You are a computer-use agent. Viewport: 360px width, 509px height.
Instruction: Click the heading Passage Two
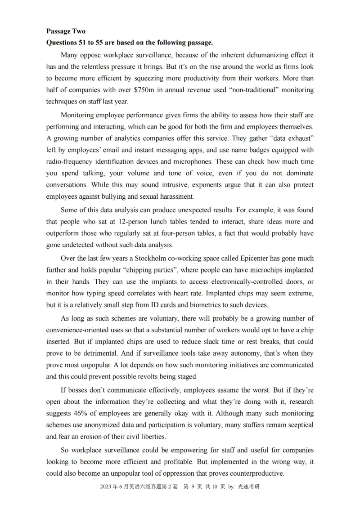[x=65, y=31]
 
